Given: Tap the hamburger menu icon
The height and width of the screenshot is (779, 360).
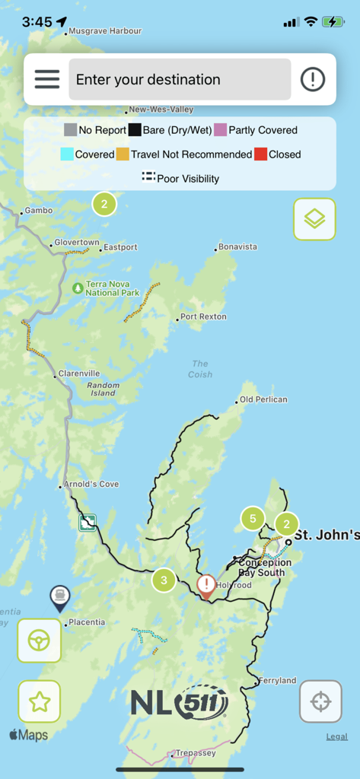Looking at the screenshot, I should pyautogui.click(x=46, y=79).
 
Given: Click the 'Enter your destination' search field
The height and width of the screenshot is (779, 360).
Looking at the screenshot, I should pyautogui.click(x=180, y=79).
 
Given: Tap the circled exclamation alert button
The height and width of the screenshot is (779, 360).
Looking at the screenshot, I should pyautogui.click(x=313, y=79).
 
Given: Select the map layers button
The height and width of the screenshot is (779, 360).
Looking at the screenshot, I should pyautogui.click(x=314, y=219).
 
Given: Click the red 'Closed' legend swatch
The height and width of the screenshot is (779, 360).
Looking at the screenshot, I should pyautogui.click(x=260, y=154).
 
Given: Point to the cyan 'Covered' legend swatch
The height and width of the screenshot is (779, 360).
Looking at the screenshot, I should pyautogui.click(x=67, y=154).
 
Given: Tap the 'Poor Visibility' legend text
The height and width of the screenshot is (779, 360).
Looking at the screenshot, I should pyautogui.click(x=188, y=179).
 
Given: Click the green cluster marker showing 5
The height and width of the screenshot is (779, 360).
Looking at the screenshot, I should pyautogui.click(x=253, y=519).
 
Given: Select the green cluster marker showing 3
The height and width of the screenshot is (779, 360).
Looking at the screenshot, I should pyautogui.click(x=164, y=580).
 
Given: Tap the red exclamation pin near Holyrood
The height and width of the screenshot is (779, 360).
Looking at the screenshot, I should pyautogui.click(x=206, y=585).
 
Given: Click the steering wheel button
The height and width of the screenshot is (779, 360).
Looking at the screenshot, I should pyautogui.click(x=39, y=641).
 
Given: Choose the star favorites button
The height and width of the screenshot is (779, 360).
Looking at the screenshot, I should pyautogui.click(x=39, y=701).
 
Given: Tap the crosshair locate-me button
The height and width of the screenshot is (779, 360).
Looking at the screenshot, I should pyautogui.click(x=320, y=701).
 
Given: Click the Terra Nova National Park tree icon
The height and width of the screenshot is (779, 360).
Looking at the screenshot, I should pyautogui.click(x=78, y=288).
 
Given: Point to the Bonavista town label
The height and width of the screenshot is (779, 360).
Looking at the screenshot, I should pyautogui.click(x=237, y=247).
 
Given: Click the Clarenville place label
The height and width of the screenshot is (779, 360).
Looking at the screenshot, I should pyautogui.click(x=79, y=374).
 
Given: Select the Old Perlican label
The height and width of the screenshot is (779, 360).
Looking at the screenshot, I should pyautogui.click(x=263, y=399).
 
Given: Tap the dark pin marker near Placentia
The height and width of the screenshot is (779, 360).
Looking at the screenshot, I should pyautogui.click(x=59, y=597).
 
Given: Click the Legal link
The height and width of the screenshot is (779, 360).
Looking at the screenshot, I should pyautogui.click(x=337, y=736).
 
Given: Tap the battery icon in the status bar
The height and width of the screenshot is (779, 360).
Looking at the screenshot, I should pyautogui.click(x=333, y=22).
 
